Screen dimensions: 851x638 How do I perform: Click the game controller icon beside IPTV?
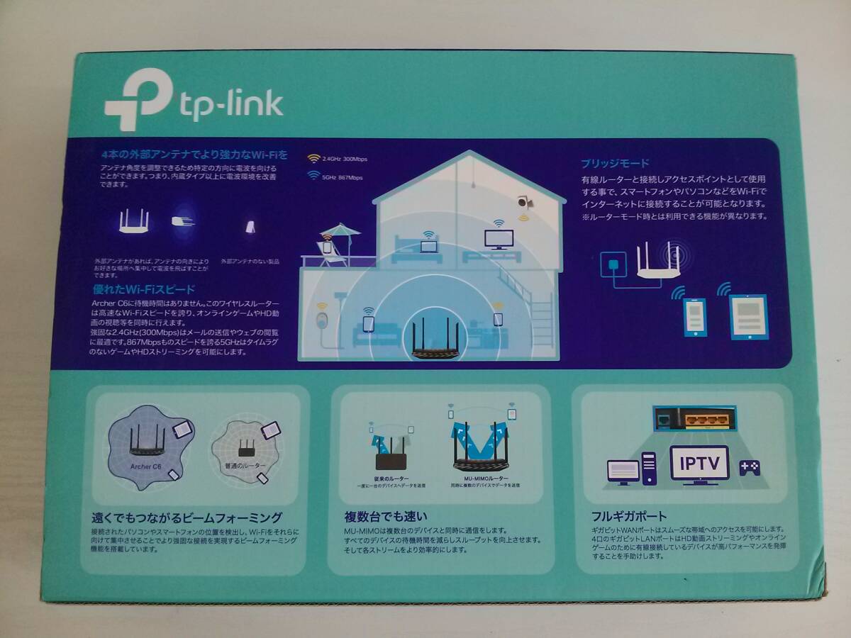750,467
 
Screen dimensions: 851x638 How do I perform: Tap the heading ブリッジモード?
615,163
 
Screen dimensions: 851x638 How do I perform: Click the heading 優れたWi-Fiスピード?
145,289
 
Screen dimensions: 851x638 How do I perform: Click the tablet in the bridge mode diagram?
748,316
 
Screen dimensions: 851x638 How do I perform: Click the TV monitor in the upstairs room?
496,237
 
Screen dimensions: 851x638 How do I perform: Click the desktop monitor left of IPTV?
623,471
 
